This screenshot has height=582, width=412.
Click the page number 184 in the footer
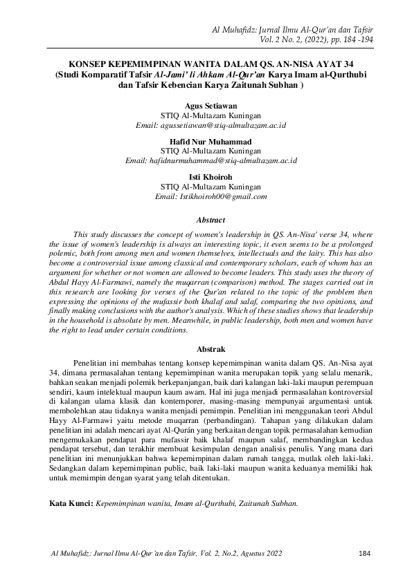click(367, 553)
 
